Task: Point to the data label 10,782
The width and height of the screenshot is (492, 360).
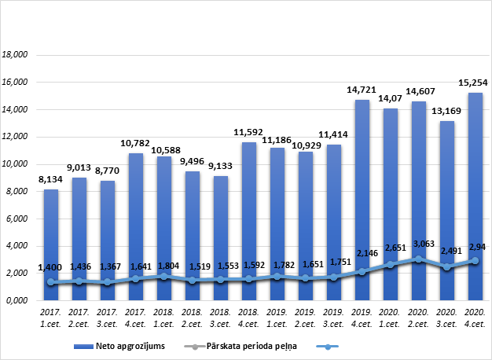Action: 136,144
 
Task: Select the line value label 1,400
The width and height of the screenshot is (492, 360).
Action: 51,268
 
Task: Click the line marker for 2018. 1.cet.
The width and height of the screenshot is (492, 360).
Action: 164,277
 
